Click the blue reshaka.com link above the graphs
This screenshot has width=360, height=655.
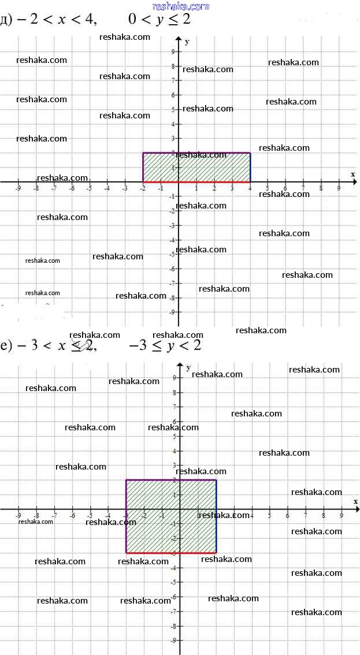(181, 6)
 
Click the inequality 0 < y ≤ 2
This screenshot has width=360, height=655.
(159, 20)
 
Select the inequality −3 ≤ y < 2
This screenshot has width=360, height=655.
(165, 345)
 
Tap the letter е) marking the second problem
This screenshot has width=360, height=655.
(6, 346)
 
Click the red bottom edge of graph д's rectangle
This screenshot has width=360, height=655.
(196, 182)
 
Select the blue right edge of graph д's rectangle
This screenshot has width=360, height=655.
(250, 168)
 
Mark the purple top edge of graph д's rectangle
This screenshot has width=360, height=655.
(196, 153)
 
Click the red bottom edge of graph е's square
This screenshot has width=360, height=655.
(171, 553)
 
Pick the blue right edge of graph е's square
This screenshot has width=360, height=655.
(216, 516)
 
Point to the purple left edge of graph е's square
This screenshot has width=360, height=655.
(126, 516)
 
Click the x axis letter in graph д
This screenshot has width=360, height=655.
(352, 174)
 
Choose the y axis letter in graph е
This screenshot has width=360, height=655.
(188, 367)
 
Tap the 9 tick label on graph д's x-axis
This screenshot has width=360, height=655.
(339, 188)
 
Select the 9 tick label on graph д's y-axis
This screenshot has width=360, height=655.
(172, 51)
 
